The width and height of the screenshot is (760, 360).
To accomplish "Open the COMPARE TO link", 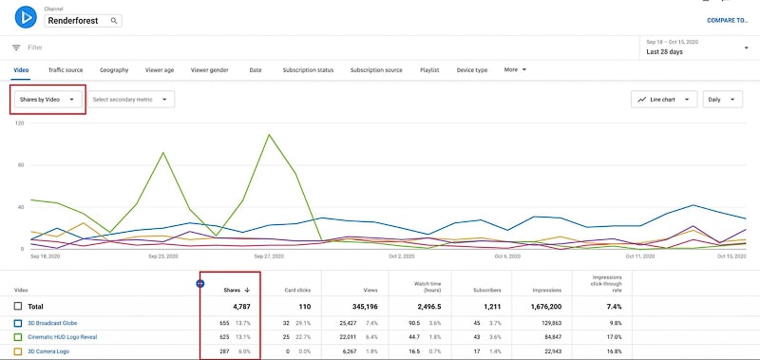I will click(727, 20).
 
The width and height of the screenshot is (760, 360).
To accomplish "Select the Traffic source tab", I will click(66, 70).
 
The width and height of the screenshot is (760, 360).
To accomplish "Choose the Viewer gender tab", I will click(209, 70).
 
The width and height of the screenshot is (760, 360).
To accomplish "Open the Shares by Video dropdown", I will click(47, 99).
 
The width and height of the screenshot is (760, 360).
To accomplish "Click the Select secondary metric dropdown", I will click(131, 99).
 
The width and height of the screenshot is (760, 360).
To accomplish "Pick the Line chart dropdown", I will click(664, 99).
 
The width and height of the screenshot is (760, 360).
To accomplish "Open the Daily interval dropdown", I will click(722, 99).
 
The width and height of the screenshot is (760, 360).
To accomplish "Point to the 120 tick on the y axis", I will click(19, 124).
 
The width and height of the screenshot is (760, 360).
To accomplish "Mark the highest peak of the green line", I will click(271, 135).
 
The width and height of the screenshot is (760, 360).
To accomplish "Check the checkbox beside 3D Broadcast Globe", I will click(18, 323).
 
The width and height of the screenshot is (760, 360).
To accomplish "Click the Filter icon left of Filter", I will click(16, 47).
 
